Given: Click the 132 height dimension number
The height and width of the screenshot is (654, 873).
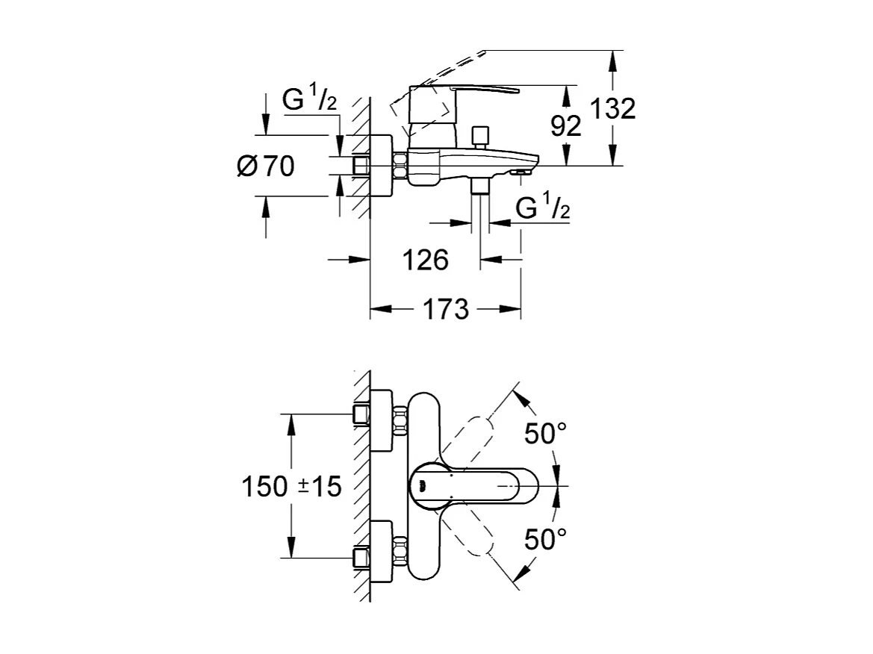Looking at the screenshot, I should point(612,109).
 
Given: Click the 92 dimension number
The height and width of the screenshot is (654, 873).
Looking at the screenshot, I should point(565,126).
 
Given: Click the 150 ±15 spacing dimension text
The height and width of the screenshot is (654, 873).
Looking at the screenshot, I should point(291,487).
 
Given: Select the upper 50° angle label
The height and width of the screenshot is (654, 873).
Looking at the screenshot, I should point(545,434).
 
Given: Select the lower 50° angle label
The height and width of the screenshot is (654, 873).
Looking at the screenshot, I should point(545,539).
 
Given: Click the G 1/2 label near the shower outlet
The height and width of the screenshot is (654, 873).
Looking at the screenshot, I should point(544,208).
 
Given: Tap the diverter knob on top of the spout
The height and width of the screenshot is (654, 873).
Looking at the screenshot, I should point(479,137).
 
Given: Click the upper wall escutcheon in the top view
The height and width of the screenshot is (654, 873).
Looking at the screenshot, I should point(382,421).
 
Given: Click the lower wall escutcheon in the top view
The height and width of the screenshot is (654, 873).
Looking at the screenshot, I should point(382,551).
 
